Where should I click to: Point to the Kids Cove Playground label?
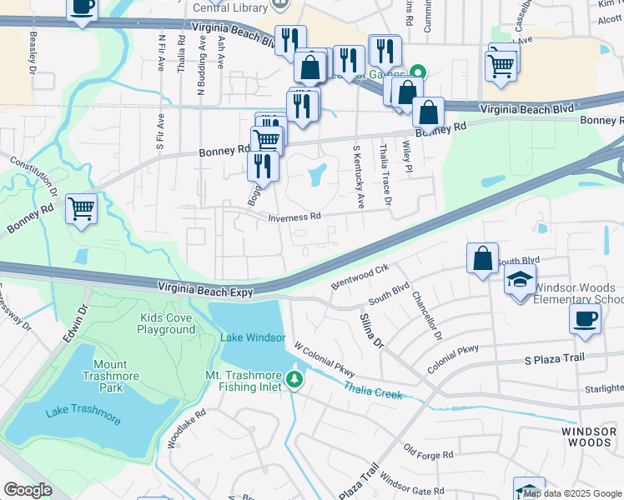point(167,324)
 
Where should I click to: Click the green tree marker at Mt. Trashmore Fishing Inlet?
point(294,380)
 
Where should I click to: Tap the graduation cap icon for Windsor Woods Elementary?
point(520,279)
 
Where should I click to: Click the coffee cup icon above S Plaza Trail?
point(585,317)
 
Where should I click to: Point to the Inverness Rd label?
point(294,217)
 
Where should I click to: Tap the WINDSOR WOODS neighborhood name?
point(587,437)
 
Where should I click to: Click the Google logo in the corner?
point(28,490)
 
